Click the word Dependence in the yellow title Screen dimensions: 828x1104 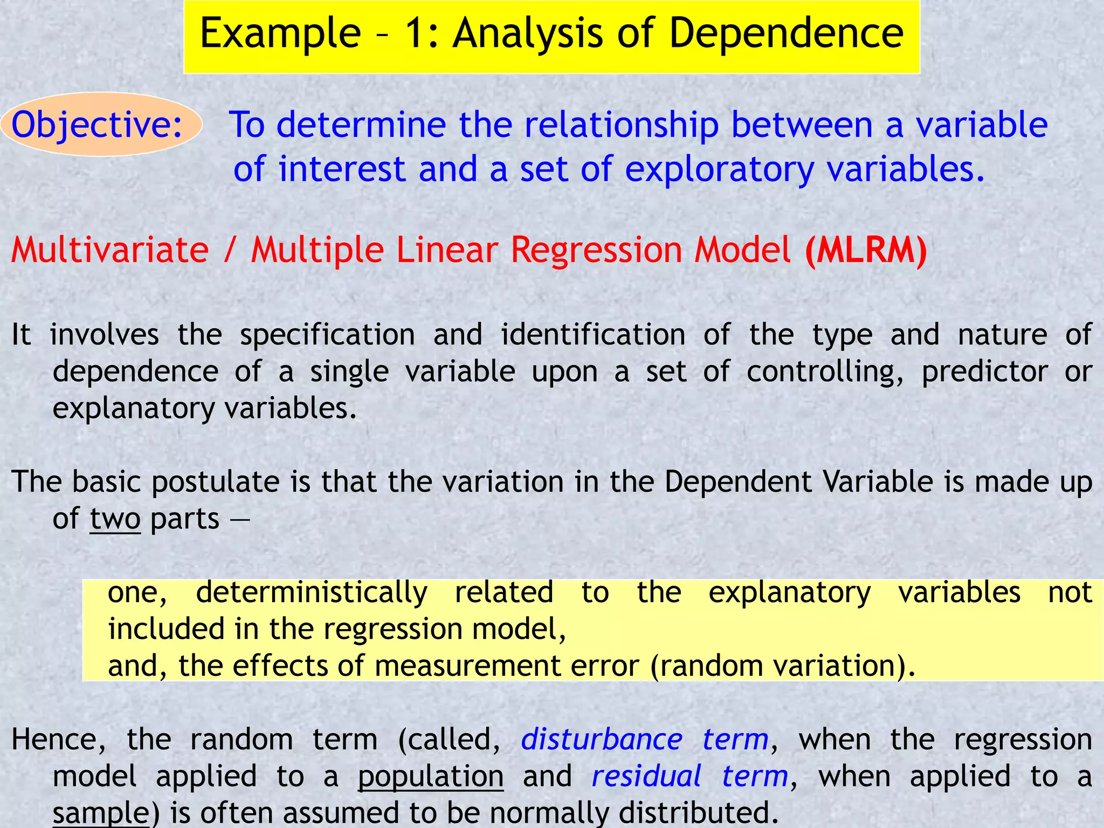point(786,33)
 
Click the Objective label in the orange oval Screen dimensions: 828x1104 point(97,125)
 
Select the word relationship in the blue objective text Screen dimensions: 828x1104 point(622,125)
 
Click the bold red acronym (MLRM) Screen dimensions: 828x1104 point(866,250)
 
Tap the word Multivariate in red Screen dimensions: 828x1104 point(110,250)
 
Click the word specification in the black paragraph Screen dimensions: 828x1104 point(327,335)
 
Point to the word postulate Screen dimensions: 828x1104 point(215,482)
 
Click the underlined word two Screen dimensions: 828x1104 point(115,519)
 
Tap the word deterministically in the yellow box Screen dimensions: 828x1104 point(312,592)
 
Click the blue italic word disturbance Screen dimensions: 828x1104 point(602,739)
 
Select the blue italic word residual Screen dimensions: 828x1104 point(646,776)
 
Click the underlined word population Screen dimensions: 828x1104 point(431,776)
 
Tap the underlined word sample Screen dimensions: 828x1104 point(100,813)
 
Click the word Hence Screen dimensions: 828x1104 point(58,739)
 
